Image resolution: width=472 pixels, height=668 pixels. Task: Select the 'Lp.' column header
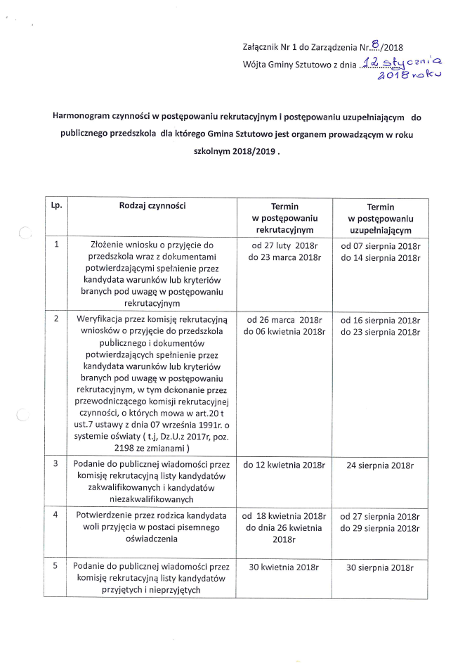(56, 206)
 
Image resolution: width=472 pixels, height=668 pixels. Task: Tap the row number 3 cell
(56, 465)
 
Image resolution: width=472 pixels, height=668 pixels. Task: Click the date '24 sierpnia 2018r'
(380, 465)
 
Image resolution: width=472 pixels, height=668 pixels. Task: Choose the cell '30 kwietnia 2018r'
(284, 567)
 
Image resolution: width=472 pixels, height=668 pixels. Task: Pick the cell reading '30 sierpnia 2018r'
(380, 567)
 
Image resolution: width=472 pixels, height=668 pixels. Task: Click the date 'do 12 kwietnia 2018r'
(284, 465)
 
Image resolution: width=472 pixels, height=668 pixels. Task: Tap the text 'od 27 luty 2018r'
(284, 246)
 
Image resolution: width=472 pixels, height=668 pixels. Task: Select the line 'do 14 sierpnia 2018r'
(380, 258)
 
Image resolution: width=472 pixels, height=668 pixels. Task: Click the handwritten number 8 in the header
(376, 46)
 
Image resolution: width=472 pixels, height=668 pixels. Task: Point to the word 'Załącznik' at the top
(261, 49)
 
